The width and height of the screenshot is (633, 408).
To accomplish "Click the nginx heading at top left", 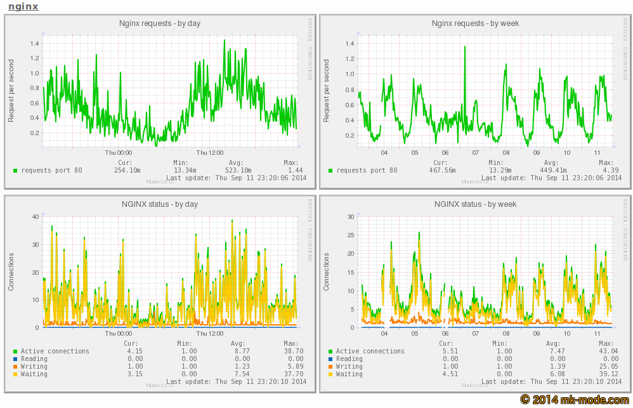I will click(x=23, y=6).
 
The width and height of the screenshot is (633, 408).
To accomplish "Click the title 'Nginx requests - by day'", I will click(x=160, y=23).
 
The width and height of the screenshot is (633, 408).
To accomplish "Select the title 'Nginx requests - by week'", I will click(x=475, y=23).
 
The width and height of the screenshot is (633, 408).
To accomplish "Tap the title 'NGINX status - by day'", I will click(x=160, y=204).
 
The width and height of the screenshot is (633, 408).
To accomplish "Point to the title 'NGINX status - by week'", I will click(x=475, y=204).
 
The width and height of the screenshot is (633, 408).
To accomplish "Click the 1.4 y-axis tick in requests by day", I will click(x=34, y=44).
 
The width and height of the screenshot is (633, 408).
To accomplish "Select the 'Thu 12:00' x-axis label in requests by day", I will click(x=210, y=152).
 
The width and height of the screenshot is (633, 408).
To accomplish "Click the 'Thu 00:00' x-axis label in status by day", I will click(x=119, y=333).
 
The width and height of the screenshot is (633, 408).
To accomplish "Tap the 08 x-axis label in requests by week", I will click(x=506, y=152).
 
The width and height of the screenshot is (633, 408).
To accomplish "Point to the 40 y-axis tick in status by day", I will click(x=36, y=216).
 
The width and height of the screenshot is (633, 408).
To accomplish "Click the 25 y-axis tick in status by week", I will click(x=350, y=235).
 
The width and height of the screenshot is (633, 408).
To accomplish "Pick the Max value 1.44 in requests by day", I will click(x=296, y=170).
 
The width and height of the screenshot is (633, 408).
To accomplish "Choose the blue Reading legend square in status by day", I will click(x=15, y=359).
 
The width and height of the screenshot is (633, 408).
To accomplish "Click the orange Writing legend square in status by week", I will click(x=330, y=367).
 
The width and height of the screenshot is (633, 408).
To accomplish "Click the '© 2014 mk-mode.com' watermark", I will click(x=575, y=399).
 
